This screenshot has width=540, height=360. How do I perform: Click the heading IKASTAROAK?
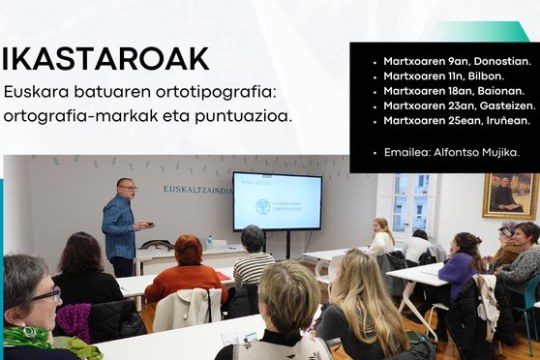[x=106, y=59]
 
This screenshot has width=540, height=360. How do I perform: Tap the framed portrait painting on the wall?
[x=510, y=195]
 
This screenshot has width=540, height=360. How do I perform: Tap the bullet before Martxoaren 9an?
[x=373, y=61]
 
